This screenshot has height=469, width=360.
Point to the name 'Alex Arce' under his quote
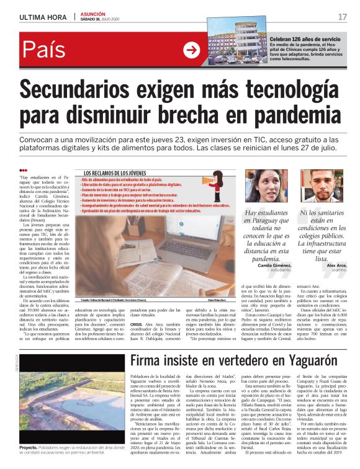pos(336,265)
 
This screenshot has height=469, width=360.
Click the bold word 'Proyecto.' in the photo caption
pos(29,447)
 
